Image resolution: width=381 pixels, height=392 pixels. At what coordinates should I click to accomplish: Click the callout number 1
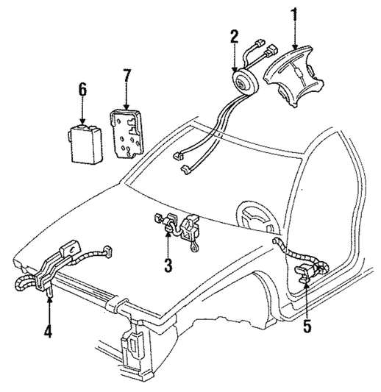click(295, 15)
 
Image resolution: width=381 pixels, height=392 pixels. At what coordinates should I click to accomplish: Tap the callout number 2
click(234, 37)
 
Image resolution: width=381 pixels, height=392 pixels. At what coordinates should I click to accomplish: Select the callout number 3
click(168, 266)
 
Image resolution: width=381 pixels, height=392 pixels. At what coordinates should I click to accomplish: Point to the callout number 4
click(48, 330)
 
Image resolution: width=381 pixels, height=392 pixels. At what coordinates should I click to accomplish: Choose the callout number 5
click(307, 326)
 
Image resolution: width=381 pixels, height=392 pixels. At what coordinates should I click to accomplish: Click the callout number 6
click(82, 90)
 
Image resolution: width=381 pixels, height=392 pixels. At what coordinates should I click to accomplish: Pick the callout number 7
click(126, 76)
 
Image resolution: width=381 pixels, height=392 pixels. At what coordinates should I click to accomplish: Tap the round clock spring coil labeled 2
click(245, 81)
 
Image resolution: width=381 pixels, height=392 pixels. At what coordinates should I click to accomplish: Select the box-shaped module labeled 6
click(85, 144)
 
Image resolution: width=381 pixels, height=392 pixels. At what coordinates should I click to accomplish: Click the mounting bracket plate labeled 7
click(127, 134)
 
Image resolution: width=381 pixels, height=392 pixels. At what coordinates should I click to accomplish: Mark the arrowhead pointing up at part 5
click(307, 286)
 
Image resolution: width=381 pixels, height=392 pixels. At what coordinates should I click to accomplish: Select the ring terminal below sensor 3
click(193, 249)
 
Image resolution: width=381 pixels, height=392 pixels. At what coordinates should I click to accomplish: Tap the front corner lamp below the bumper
click(132, 345)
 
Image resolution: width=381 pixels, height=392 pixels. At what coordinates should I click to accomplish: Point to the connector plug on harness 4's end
click(107, 252)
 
